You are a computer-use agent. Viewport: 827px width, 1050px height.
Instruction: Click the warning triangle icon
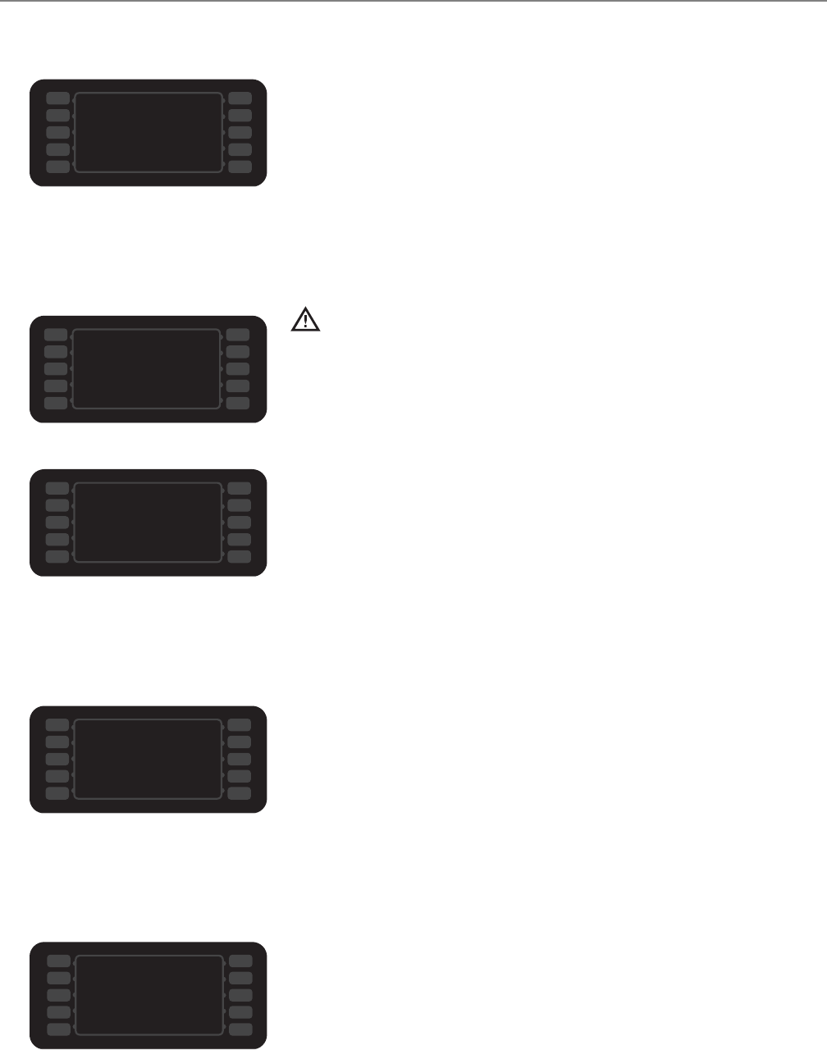point(306,319)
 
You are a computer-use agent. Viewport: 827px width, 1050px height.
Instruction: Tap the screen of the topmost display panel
point(148,132)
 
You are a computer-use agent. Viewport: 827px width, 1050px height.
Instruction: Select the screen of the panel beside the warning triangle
point(147,368)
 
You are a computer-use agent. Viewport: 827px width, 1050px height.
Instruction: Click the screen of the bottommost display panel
point(148,994)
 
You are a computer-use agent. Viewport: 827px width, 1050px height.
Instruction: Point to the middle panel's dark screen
point(148,522)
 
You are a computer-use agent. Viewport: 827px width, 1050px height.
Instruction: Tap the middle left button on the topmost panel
point(57,132)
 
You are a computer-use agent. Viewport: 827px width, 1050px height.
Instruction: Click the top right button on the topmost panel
point(240,98)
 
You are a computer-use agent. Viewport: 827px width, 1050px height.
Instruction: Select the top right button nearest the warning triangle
point(238,335)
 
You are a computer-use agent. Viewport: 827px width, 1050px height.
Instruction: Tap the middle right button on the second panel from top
point(238,368)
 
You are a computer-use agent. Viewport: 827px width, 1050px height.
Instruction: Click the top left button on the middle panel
point(57,488)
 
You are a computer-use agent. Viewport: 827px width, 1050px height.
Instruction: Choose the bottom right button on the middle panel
point(240,556)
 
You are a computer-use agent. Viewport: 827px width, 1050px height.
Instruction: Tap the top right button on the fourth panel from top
point(240,724)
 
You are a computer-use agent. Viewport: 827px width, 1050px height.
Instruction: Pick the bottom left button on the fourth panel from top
point(57,792)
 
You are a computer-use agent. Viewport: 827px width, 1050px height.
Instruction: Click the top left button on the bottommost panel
point(57,961)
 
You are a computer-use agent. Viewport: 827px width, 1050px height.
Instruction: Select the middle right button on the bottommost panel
point(240,994)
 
